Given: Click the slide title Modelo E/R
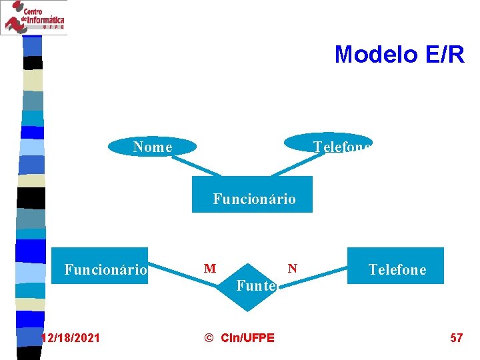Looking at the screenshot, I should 399,55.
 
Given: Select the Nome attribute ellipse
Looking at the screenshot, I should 153,147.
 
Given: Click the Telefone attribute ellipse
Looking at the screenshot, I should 328,143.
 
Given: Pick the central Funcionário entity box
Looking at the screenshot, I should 252,195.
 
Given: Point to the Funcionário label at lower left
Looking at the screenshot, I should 105,270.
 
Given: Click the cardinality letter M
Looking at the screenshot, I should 210,269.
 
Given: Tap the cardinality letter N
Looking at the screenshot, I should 292,269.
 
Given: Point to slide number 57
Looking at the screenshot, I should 456,338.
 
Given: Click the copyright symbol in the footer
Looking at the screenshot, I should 208,338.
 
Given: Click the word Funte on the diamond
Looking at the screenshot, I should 256,286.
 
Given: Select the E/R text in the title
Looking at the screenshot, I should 443,55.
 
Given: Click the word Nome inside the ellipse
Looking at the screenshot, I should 153,147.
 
